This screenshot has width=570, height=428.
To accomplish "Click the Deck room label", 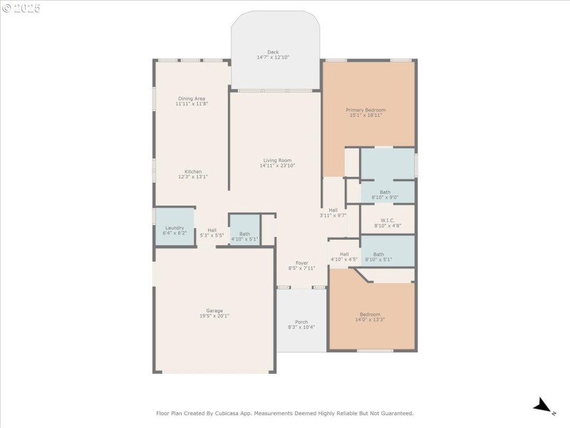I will [273, 52].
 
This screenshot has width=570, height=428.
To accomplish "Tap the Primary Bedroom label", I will [366, 110].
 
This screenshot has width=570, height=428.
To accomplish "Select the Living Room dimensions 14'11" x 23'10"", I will [277, 165].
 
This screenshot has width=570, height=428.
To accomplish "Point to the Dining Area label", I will [192, 98].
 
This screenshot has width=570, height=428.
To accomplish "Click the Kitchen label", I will [193, 171].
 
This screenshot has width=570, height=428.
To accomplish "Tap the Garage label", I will [214, 310].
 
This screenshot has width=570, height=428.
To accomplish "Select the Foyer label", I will [302, 263].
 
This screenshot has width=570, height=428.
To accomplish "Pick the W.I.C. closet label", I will [388, 220].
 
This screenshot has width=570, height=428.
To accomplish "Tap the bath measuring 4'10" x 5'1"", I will [244, 236].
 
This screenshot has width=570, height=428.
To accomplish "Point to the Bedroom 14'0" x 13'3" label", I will [370, 315].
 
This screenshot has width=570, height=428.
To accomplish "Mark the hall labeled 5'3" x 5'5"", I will [212, 233].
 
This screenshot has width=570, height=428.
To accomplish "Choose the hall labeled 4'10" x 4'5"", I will [344, 257].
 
